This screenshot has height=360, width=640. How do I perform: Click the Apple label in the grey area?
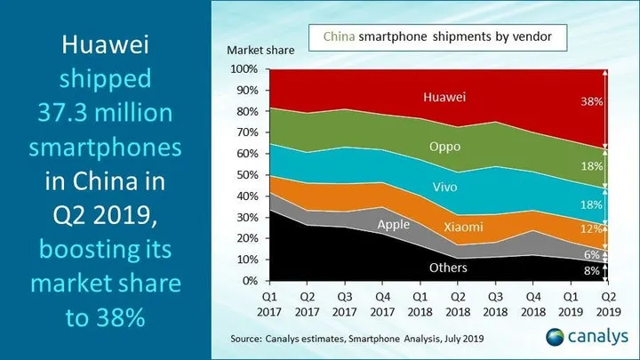pos(393,225)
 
